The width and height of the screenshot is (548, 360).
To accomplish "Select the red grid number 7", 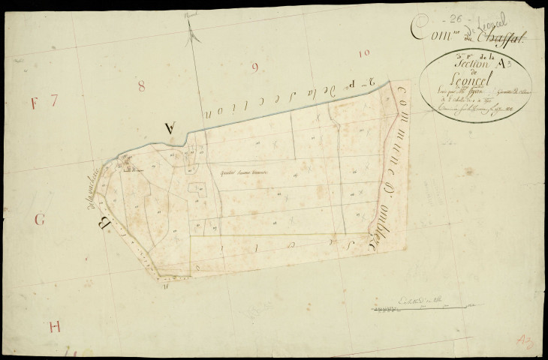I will pyautogui.click(x=54, y=102).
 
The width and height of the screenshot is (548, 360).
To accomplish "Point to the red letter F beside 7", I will pyautogui.click(x=34, y=103).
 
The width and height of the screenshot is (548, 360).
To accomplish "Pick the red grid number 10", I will pyautogui.click(x=365, y=53).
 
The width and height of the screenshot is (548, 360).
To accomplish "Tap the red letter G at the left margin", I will pyautogui.click(x=41, y=220).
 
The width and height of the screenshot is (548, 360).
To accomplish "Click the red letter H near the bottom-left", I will pyautogui.click(x=53, y=327).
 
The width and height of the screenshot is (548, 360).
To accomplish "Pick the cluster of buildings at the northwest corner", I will pyautogui.click(x=125, y=162).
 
